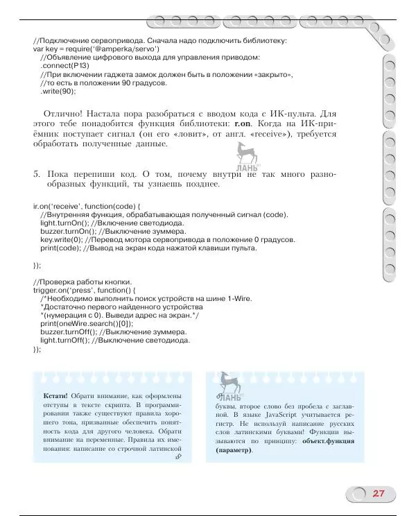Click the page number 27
[x=379, y=494]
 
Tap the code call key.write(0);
[x=60, y=239]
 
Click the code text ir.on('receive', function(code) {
[x=87, y=206]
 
